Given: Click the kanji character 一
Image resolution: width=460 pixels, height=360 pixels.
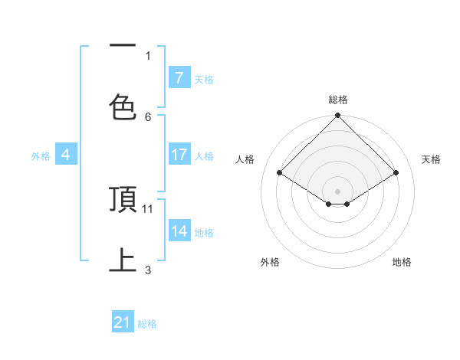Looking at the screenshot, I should click(123, 47).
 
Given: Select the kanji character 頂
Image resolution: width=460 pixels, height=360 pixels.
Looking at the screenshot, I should click(123, 200).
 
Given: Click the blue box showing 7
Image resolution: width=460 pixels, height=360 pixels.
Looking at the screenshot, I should click(179, 77).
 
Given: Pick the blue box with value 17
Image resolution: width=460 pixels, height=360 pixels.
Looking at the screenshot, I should click(179, 155).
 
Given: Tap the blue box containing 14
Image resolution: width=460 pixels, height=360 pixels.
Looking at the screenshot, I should click(179, 231).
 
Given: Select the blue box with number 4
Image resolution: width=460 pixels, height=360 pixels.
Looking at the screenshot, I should click(65, 155).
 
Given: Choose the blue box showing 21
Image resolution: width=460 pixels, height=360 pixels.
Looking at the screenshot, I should click(122, 323).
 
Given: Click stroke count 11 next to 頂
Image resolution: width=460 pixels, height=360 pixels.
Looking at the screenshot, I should click(148, 208).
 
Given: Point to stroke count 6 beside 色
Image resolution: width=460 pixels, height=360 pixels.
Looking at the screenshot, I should click(148, 116).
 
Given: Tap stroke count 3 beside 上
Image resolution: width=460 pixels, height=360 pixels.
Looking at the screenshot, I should click(148, 270).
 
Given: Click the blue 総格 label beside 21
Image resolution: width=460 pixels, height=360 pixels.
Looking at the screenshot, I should click(147, 324).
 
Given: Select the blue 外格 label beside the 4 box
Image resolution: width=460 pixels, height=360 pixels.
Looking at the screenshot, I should click(41, 155).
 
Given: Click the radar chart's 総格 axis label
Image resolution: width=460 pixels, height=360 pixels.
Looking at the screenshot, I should click(337, 100).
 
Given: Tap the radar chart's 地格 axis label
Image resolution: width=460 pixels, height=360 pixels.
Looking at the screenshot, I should click(402, 262).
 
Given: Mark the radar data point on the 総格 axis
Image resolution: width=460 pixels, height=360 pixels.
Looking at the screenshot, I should click(337, 116).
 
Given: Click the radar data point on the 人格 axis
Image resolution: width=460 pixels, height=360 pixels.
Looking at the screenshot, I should click(279, 172).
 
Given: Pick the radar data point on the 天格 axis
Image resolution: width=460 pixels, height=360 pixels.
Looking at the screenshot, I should click(396, 172).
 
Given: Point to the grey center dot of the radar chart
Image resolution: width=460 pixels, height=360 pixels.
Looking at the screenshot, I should click(337, 190).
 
